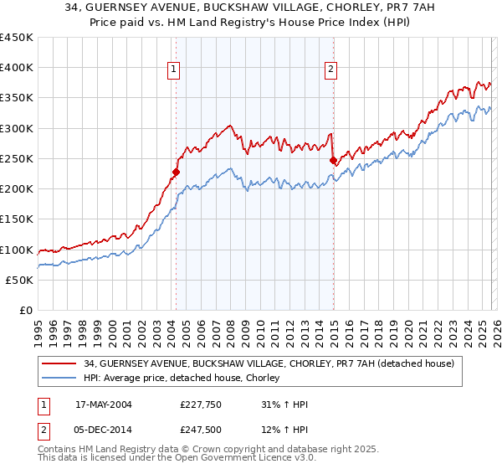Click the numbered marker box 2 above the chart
[331, 70]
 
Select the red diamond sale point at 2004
[176, 173]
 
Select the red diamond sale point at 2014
[332, 160]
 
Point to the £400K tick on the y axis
[18, 68]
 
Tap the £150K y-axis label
[18, 219]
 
